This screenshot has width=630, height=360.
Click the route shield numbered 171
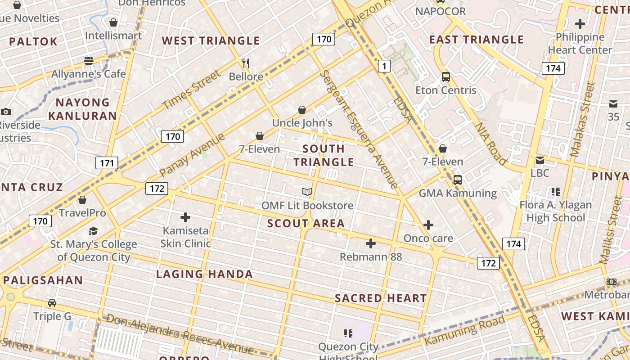click(x=107, y=163)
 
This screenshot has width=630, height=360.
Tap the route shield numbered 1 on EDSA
click(x=384, y=67)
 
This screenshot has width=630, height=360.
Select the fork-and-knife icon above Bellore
click(x=246, y=63)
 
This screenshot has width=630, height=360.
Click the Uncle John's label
click(x=302, y=123)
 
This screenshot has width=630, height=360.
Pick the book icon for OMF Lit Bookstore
click(x=307, y=192)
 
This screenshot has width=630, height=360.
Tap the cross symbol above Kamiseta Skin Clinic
click(x=185, y=217)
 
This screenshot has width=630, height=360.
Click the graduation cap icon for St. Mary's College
click(x=93, y=231)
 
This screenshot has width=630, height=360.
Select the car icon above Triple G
click(x=52, y=302)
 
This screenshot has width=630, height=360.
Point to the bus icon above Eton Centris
click(x=445, y=76)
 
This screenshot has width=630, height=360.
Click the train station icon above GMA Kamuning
click(x=458, y=180)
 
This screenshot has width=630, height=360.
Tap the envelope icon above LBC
click(x=540, y=160)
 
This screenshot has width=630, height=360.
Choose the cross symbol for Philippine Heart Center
click(x=580, y=23)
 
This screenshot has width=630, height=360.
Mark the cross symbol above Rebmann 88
click(x=371, y=243)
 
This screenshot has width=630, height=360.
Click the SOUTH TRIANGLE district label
click(x=324, y=155)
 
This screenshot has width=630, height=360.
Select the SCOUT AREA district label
click(x=306, y=223)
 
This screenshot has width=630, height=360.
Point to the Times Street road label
click(x=192, y=90)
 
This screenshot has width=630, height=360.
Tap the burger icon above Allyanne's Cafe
click(x=88, y=60)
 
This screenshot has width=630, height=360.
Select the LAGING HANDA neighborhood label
click(x=204, y=274)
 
